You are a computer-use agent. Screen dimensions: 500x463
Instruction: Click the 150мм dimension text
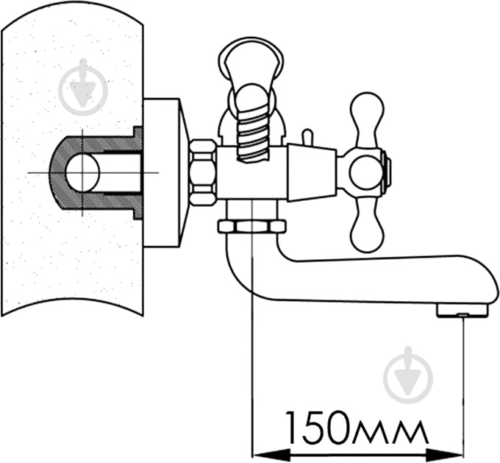357,428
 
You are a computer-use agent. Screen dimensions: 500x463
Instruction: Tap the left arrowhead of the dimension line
271,453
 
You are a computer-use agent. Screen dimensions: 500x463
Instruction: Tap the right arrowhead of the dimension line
443,453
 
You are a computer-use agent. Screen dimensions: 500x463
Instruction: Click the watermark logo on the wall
83,87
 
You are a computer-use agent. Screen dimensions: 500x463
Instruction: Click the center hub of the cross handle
366,172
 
